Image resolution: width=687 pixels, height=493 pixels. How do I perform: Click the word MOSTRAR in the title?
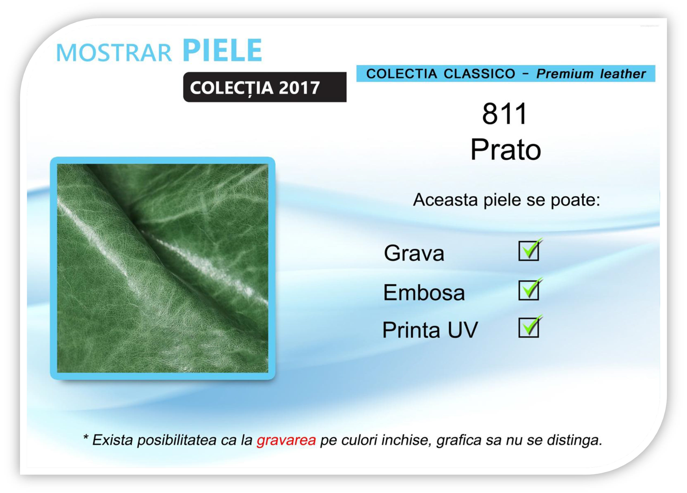pyautogui.click(x=114, y=53)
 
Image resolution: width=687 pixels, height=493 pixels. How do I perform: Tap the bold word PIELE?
pyautogui.click(x=222, y=50)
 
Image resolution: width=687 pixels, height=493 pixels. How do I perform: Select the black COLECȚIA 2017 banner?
pyautogui.click(x=265, y=87)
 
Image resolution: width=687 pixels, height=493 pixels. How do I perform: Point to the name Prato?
pyautogui.click(x=505, y=150)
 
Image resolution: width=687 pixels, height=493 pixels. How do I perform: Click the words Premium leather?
pyautogui.click(x=591, y=74)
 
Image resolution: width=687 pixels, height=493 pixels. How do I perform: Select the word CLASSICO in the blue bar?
pyautogui.click(x=479, y=74)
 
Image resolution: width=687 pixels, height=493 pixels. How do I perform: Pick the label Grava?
pyautogui.click(x=414, y=253)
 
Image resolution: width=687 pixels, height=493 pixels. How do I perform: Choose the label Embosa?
pyautogui.click(x=424, y=292)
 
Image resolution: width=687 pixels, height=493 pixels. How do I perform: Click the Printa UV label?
pyautogui.click(x=430, y=330)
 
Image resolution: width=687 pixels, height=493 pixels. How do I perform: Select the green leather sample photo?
pyautogui.click(x=163, y=268)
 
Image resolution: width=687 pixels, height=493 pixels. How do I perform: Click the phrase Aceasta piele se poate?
pyautogui.click(x=506, y=200)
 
